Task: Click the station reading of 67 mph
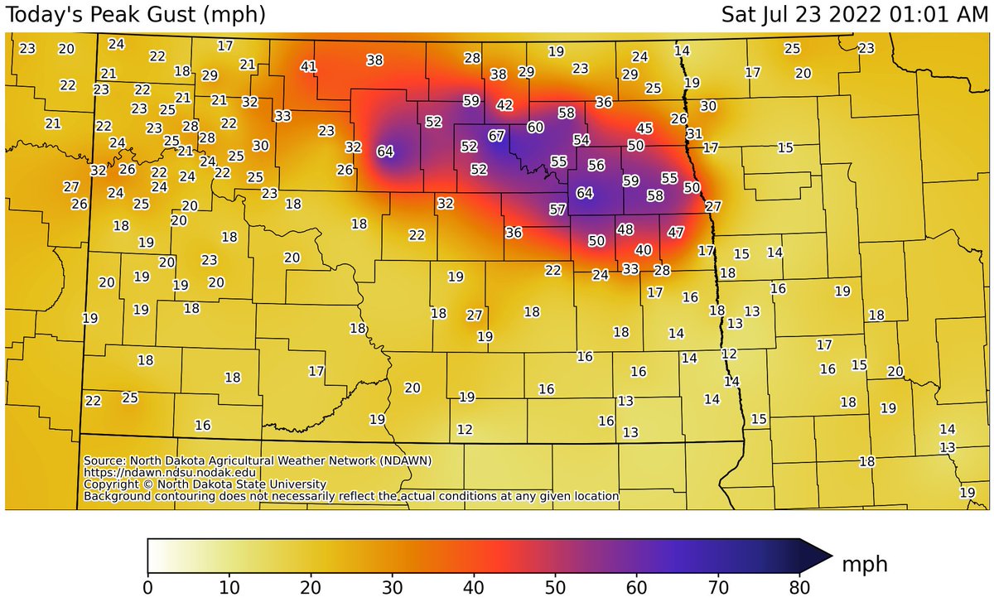tap(496, 135)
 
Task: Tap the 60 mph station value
tap(535, 128)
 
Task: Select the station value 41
tap(309, 66)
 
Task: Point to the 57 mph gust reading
tap(557, 209)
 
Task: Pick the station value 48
tap(625, 229)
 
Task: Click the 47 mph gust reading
tap(676, 232)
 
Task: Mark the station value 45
tap(644, 128)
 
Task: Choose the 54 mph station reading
tap(581, 140)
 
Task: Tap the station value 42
tap(504, 105)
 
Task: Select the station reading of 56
tap(596, 165)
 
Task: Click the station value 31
tap(694, 133)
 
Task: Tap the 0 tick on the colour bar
tap(148, 586)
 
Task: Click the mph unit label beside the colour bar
tap(865, 564)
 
